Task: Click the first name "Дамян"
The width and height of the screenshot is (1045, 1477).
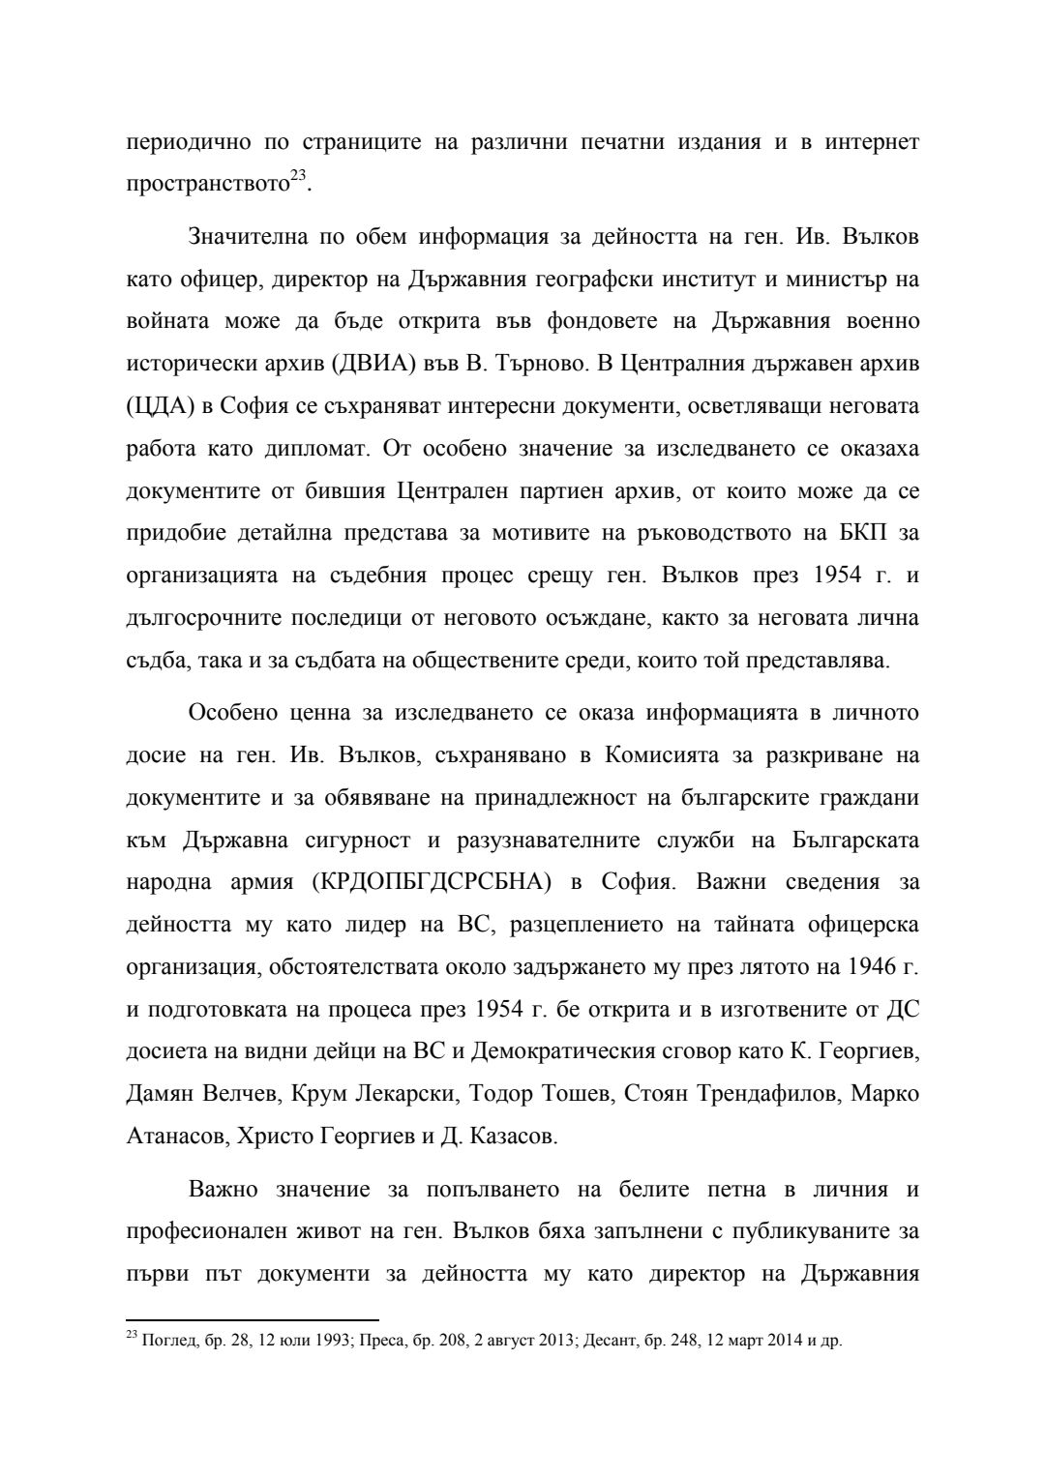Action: click(x=160, y=1093)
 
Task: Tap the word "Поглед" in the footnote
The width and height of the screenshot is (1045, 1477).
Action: click(x=165, y=1343)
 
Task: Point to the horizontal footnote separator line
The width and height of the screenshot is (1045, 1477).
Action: click(x=253, y=1319)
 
